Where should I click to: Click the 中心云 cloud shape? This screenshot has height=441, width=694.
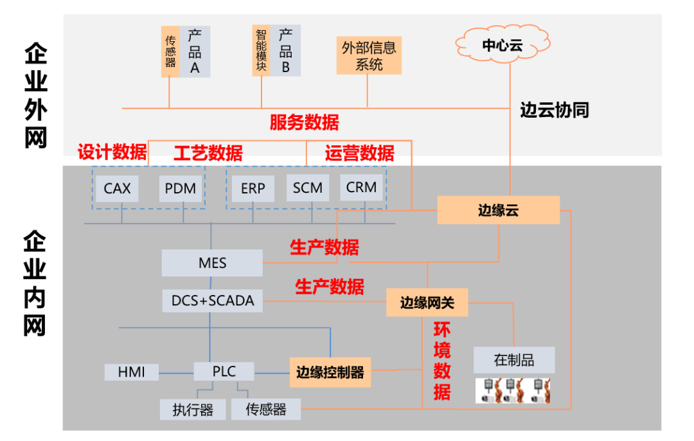[503, 44]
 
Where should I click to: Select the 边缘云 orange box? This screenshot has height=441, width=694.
[499, 210]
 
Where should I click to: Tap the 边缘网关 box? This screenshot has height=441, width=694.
[427, 302]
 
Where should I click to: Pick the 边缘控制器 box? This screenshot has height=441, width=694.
[330, 372]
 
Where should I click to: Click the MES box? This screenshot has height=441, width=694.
[213, 264]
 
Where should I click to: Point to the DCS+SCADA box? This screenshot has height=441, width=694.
[213, 300]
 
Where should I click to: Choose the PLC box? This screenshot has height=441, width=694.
[224, 371]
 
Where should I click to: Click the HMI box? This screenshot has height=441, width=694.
[131, 372]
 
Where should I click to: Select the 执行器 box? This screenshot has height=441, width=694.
[193, 410]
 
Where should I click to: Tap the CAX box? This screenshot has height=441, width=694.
[117, 188]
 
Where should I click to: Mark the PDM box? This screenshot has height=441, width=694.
[181, 188]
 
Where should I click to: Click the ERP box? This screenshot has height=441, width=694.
[253, 188]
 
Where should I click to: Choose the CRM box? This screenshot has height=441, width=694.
[361, 188]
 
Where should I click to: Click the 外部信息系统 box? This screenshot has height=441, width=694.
[369, 55]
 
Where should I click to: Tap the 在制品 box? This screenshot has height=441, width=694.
[513, 360]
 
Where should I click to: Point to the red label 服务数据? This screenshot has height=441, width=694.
[304, 122]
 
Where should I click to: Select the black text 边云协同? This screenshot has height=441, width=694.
[554, 110]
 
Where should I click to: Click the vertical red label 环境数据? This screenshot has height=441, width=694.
[441, 362]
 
